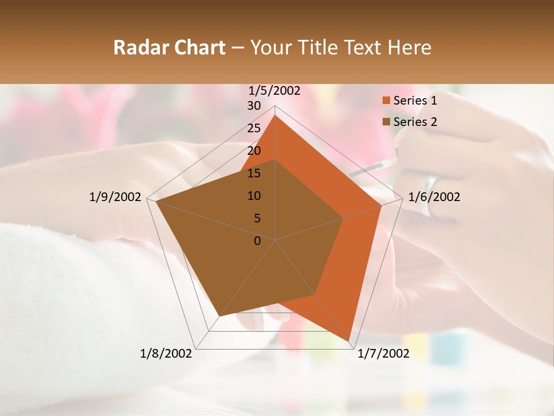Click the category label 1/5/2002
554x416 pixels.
pyautogui.click(x=275, y=91)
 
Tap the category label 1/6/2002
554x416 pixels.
pyautogui.click(x=434, y=197)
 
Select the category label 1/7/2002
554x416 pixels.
pyautogui.click(x=383, y=354)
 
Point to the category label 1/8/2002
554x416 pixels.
pyautogui.click(x=166, y=354)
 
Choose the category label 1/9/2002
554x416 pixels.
pyautogui.click(x=115, y=197)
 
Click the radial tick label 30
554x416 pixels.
pyautogui.click(x=254, y=106)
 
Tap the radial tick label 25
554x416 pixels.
pyautogui.click(x=254, y=128)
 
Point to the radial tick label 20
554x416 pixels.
pyautogui.click(x=254, y=151)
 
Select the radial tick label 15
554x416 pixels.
pyautogui.click(x=254, y=173)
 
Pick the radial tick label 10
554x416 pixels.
pyautogui.click(x=254, y=196)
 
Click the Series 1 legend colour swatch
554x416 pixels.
pyautogui.click(x=386, y=101)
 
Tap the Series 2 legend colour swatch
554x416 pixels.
pyautogui.click(x=386, y=122)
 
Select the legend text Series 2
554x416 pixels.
pyautogui.click(x=415, y=122)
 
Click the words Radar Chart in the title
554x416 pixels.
pyautogui.click(x=169, y=47)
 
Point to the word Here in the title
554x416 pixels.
pyautogui.click(x=410, y=47)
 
